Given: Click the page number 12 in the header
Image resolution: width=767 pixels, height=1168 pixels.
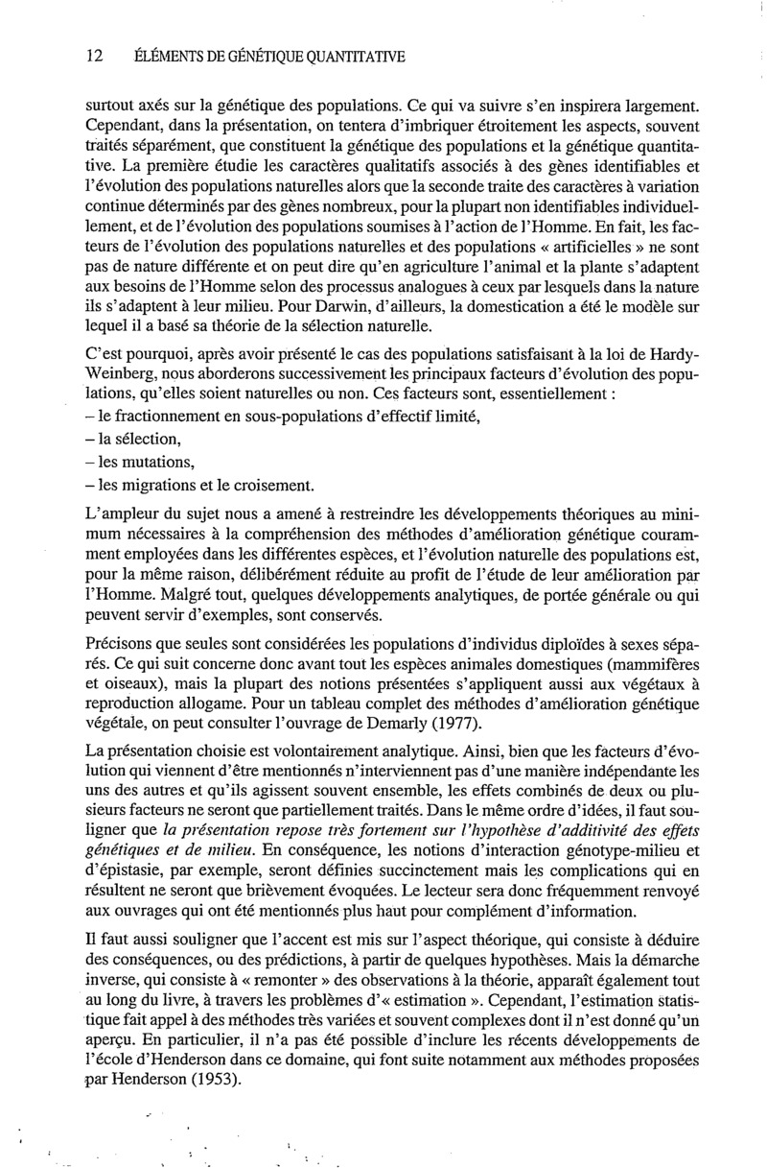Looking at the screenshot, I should click(94, 57).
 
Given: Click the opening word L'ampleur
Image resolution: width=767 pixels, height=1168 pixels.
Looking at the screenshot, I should click(118, 517).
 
